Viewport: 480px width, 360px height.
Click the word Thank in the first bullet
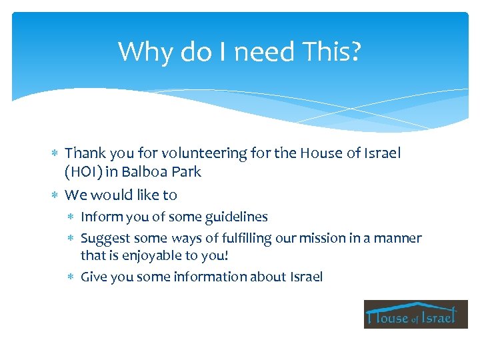[84, 153]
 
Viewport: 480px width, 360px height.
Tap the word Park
[187, 171]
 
